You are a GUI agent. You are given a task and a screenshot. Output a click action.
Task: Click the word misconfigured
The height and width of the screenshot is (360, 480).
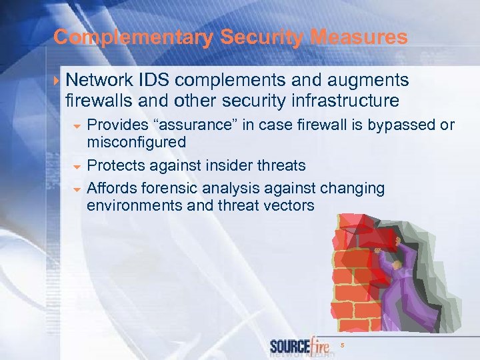click(137, 142)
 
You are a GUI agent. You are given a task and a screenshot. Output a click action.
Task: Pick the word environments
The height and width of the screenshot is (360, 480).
click(135, 205)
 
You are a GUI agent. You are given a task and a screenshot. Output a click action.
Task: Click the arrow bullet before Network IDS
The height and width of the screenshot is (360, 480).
click(59, 81)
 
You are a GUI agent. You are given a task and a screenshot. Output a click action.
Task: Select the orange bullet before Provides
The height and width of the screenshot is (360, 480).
click(77, 126)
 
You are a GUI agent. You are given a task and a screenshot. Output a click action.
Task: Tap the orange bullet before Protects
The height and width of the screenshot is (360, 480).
click(77, 166)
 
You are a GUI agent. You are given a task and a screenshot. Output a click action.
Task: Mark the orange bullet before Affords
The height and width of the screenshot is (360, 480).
click(77, 189)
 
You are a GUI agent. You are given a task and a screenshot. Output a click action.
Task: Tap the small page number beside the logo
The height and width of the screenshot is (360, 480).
click(342, 345)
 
